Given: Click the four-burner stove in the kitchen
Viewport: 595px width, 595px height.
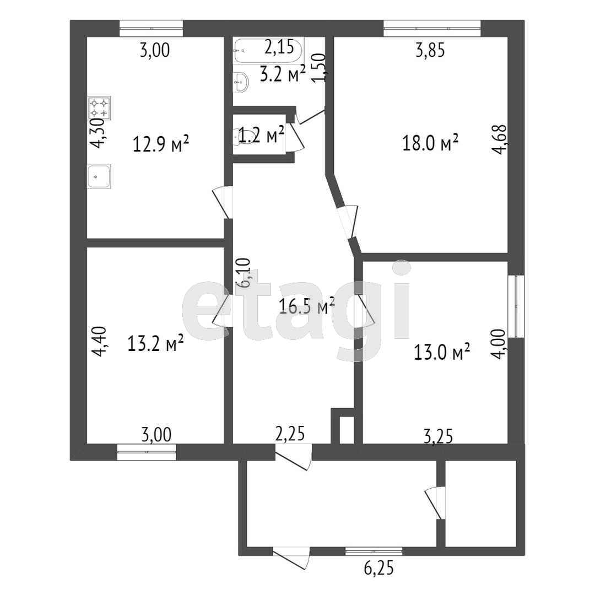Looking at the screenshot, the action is point(99,108).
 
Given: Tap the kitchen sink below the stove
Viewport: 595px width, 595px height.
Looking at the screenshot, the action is point(99,176).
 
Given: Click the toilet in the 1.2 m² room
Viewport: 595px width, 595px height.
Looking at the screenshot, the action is point(239,136).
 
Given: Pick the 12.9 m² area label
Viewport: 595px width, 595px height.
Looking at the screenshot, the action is point(161,144).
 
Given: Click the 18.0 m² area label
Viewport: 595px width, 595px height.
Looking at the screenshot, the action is point(430,143).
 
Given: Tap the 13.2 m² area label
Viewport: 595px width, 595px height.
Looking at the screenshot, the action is point(155,343).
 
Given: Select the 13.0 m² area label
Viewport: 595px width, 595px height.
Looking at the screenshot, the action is point(442,351).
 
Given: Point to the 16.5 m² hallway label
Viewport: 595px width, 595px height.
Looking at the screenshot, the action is point(307,306).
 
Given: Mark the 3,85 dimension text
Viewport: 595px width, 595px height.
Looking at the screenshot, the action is point(430,50).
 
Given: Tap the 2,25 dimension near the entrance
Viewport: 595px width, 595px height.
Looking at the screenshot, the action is point(290,434).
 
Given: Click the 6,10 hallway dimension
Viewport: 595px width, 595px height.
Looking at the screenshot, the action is point(244,273).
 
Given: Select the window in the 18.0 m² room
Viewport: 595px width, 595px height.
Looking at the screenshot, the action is point(432,29).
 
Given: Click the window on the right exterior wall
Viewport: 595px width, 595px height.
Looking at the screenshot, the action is point(516,306).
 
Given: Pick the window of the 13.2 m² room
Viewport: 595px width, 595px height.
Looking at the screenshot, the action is point(147,452).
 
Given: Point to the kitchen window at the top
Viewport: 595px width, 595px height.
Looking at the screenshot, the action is point(152,29).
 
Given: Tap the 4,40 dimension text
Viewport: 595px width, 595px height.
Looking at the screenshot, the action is point(101,342).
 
